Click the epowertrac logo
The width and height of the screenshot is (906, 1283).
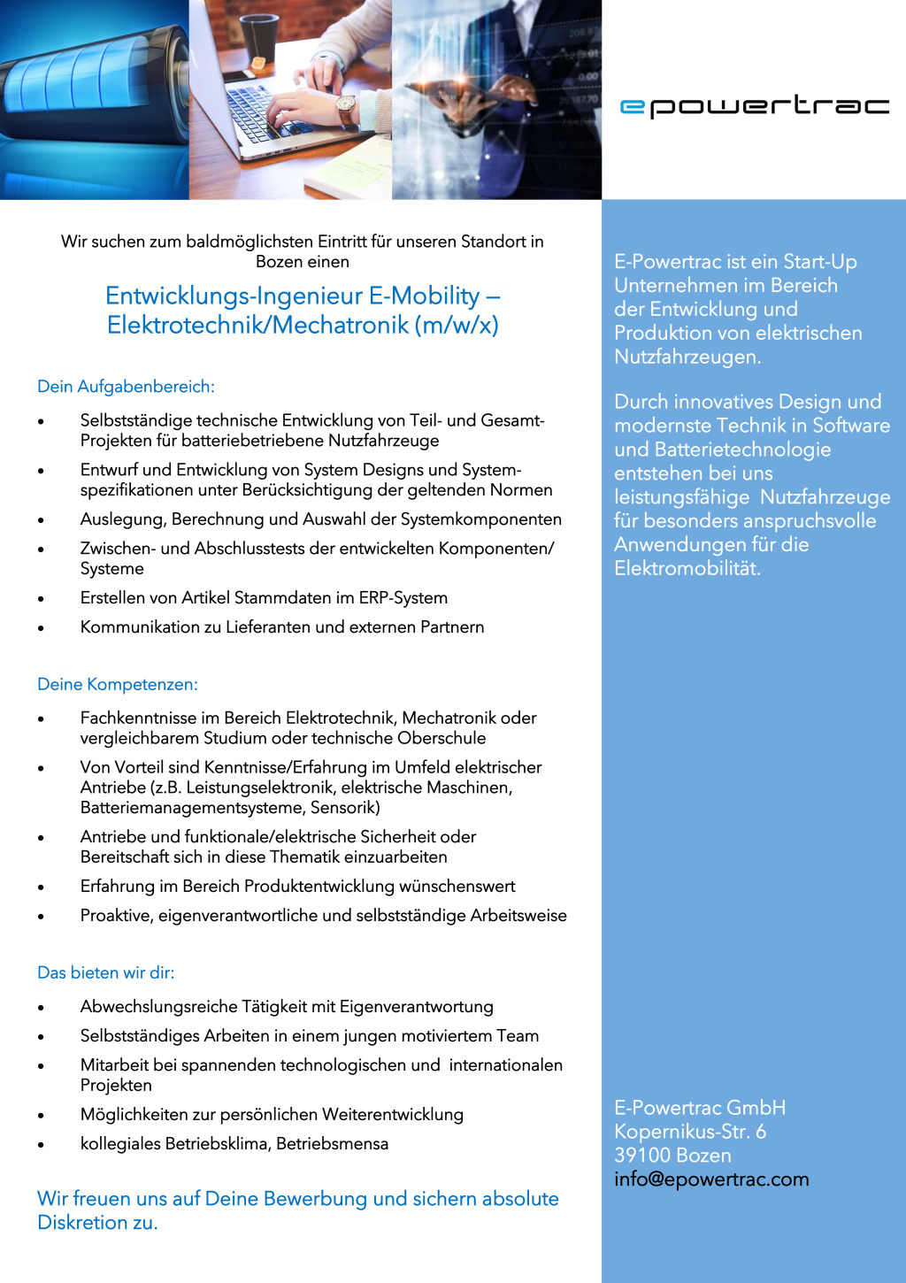coord(754,106)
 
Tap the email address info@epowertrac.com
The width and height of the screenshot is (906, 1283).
coord(711,1179)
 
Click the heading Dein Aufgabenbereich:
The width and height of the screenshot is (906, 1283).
coord(126,387)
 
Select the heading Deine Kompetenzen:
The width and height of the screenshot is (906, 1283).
coord(118,685)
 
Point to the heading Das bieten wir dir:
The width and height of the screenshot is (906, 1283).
coord(106,973)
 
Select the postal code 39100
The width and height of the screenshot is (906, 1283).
coord(642,1156)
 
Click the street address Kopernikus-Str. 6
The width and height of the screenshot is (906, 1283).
coord(690,1132)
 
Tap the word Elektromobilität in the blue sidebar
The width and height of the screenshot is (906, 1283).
coord(687,568)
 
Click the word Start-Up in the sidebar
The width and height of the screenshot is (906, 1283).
coord(820,262)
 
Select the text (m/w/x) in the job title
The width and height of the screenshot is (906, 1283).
coord(460,326)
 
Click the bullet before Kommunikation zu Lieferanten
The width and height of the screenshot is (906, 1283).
coord(41,628)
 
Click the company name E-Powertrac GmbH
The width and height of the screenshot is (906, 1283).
coord(700,1108)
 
